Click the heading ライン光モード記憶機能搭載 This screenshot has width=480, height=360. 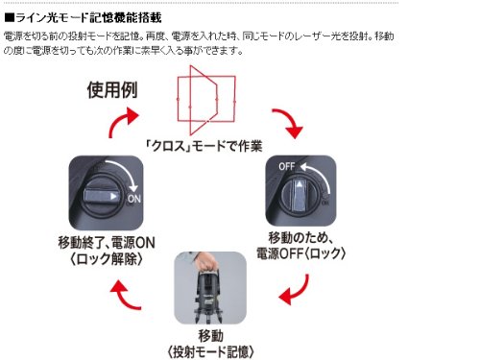pyautogui.click(x=88, y=17)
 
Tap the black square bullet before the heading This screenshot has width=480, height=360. pyautogui.click(x=10, y=18)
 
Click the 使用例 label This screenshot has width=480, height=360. pyautogui.click(x=112, y=90)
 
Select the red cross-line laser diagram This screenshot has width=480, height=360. pyautogui.click(x=206, y=100)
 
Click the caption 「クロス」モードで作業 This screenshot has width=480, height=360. pyautogui.click(x=204, y=146)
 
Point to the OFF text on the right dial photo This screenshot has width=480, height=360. pyautogui.click(x=287, y=166)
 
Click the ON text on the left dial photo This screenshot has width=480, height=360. pyautogui.click(x=134, y=199)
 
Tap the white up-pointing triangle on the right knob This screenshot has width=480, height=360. pyautogui.click(x=299, y=184)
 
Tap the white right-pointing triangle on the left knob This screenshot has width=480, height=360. pyautogui.click(x=113, y=196)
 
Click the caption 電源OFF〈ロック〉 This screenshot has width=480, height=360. pyautogui.click(x=301, y=253)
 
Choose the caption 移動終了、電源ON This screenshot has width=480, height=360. pyautogui.click(x=107, y=243)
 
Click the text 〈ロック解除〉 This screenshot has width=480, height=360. pyautogui.click(x=107, y=258)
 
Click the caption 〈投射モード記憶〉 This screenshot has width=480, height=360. pyautogui.click(x=210, y=352)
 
